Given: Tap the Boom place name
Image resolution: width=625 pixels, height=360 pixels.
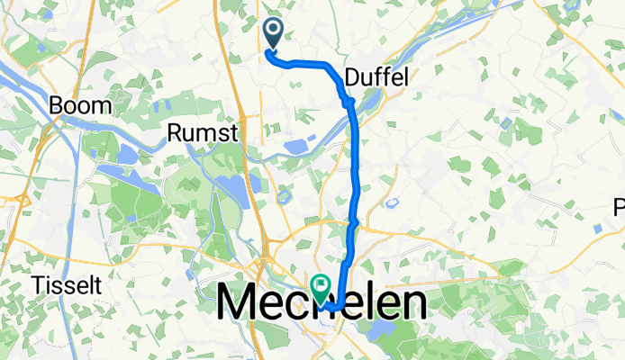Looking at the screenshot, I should click(x=81, y=105).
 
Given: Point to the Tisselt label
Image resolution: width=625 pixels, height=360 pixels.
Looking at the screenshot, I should click(x=66, y=285).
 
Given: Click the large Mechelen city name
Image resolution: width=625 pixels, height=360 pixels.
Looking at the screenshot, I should click(x=322, y=301).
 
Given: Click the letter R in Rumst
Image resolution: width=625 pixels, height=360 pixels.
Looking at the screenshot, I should click(x=175, y=133).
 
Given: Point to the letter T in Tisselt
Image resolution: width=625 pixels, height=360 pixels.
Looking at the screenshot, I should click(x=38, y=285).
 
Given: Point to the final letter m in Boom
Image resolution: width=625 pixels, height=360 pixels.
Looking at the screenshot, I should click(x=103, y=106).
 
